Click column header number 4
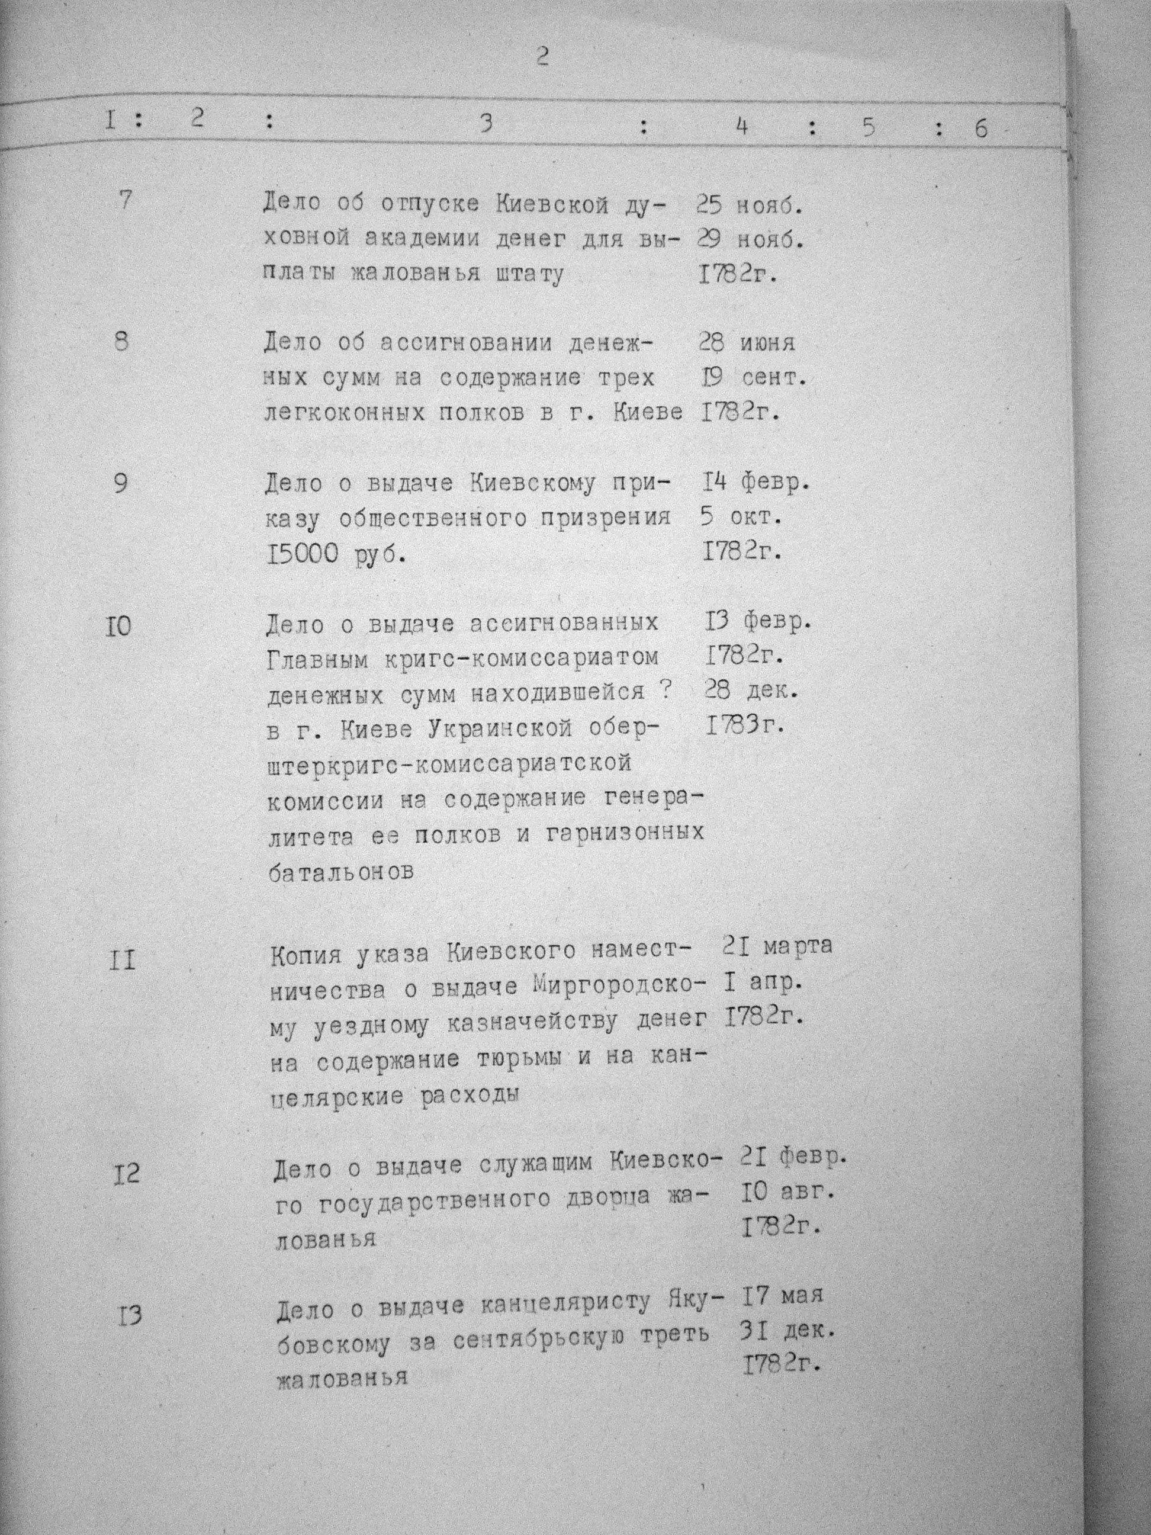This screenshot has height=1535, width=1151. point(742,126)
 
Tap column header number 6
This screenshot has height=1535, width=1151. point(980,129)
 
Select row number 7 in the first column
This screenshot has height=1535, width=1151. point(125,201)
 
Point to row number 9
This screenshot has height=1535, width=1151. point(121,483)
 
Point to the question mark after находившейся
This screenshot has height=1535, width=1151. point(664,691)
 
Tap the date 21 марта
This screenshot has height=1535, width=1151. point(776,946)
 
